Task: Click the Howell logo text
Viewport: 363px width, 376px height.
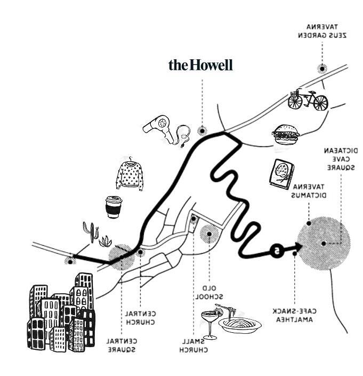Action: click(200, 66)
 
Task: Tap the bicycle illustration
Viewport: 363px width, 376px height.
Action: click(308, 100)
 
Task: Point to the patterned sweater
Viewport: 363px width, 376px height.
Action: click(130, 174)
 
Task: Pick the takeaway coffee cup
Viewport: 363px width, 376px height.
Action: click(113, 207)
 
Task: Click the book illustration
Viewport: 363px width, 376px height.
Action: click(281, 174)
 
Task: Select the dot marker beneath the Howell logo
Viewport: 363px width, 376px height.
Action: click(201, 130)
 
